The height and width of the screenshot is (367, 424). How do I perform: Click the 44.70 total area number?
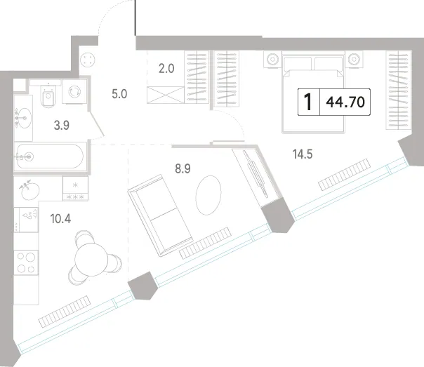[x=345, y=102]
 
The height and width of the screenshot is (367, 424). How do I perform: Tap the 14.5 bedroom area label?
[x=303, y=154]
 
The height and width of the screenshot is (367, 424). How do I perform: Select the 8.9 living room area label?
[x=183, y=168]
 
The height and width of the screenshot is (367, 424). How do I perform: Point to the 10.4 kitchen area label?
[x=60, y=219]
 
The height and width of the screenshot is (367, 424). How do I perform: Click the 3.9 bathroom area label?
[x=62, y=126]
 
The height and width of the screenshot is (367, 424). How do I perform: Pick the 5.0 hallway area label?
[x=119, y=94]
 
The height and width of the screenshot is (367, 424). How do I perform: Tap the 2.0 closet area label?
[x=166, y=69]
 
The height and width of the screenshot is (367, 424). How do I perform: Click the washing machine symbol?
[x=74, y=91]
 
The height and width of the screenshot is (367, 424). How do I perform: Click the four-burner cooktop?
[x=26, y=262]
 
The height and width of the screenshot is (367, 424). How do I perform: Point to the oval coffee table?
[x=208, y=195]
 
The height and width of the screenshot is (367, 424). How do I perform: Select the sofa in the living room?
[x=160, y=215]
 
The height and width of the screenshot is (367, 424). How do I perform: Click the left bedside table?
[x=272, y=59]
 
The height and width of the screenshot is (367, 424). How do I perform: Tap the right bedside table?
[x=354, y=59]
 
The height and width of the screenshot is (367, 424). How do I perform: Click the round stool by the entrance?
[x=88, y=59]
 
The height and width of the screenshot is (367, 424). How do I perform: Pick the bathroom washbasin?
[x=24, y=118]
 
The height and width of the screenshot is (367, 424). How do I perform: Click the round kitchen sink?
[x=30, y=190]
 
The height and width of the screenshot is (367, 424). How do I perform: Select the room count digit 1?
[x=308, y=102]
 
